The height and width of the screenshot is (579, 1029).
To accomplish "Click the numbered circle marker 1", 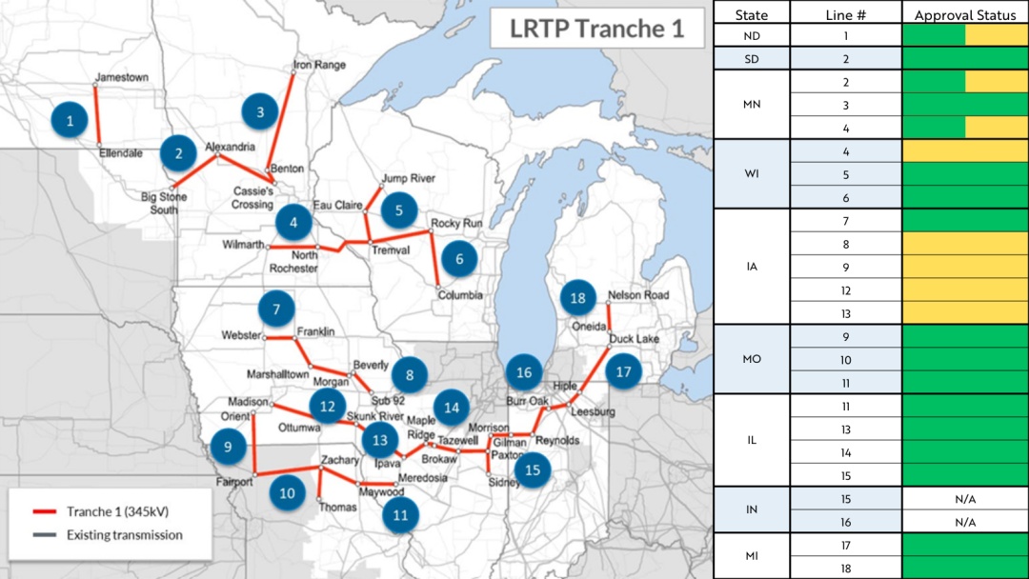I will point(71,120).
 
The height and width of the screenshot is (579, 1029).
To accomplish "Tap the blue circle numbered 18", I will point(577,298).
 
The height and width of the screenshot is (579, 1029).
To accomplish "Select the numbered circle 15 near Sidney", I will point(533,469).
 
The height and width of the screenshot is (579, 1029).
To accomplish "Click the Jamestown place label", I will point(122,77).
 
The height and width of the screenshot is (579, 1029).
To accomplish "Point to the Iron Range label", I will point(319,65).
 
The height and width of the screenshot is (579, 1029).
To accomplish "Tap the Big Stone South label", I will point(164,203).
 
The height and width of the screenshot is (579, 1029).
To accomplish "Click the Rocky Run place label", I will point(456,223).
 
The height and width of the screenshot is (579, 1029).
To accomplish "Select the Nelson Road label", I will point(638,295).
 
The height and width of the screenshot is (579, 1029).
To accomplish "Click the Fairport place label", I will point(234,482).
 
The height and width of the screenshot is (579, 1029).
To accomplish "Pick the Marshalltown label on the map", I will point(278,373).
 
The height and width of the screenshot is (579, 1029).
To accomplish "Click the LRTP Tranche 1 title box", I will point(596,29).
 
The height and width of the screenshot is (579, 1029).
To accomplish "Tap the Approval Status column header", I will point(964,15).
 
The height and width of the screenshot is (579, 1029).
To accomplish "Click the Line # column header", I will point(845,15).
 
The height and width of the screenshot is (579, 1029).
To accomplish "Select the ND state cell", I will point(752,36).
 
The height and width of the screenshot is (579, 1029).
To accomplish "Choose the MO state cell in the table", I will point(752,360).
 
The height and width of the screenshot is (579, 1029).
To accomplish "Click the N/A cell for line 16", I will point(964,522).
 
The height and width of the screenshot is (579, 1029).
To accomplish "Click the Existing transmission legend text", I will point(124,535).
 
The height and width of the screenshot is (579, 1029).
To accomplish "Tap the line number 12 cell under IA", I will point(845,290).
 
